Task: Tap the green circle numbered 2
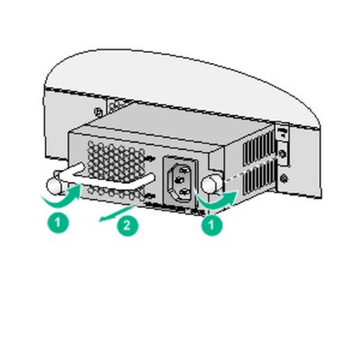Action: (x=129, y=226)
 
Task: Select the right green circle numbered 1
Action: (x=211, y=226)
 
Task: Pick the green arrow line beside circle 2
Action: (x=108, y=214)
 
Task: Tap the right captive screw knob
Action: (x=211, y=183)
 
